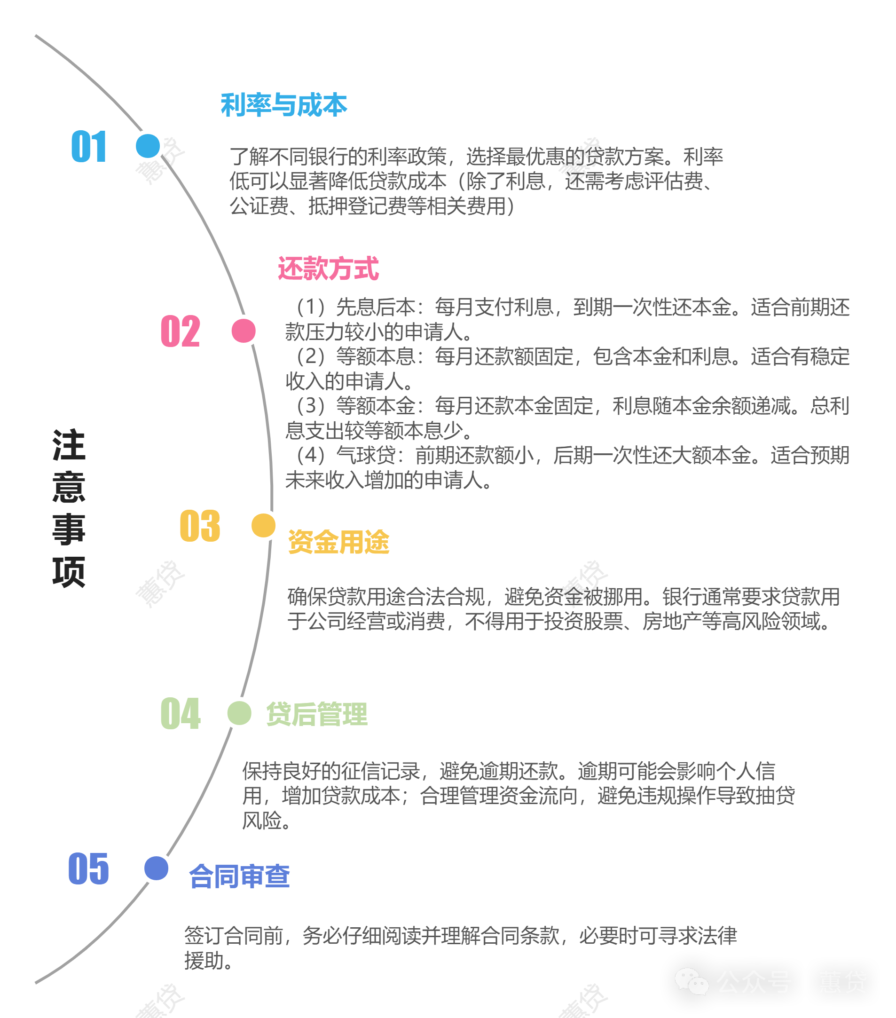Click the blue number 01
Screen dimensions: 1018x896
[89, 146]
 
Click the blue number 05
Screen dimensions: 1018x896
[89, 868]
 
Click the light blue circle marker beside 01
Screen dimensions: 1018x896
[148, 146]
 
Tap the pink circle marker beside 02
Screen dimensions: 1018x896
[244, 331]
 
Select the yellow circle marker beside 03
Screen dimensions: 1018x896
[263, 525]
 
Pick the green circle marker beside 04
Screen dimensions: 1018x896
[239, 713]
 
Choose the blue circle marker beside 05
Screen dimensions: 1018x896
[157, 868]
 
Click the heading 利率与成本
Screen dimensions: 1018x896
[284, 105]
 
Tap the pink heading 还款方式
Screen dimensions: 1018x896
[328, 268]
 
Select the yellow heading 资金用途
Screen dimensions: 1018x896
[338, 542]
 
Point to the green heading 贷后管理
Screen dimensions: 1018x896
[317, 714]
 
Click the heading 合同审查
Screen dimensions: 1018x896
[240, 876]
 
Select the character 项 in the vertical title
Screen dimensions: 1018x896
[69, 572]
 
